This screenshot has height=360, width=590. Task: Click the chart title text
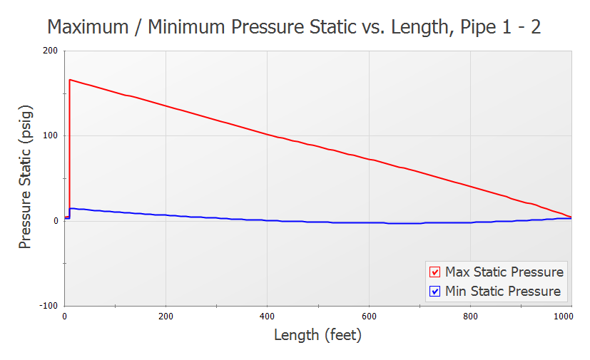(x=295, y=27)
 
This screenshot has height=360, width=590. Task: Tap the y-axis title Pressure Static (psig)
(x=26, y=178)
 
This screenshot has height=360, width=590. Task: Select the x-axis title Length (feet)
(x=317, y=334)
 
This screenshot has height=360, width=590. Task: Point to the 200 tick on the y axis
(x=50, y=51)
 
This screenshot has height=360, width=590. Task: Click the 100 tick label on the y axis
(x=50, y=136)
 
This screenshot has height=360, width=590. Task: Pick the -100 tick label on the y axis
(x=48, y=306)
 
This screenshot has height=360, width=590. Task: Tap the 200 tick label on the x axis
(x=166, y=316)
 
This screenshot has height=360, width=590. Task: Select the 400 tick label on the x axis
(x=267, y=316)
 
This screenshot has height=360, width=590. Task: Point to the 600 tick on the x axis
(x=369, y=316)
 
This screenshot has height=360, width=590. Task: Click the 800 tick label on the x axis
(x=470, y=316)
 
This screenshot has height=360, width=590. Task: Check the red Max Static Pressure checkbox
(x=434, y=272)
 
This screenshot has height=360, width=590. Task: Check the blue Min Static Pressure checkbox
(x=434, y=291)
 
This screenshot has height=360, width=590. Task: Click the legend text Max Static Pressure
(x=504, y=272)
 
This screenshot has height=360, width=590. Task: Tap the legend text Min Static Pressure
(x=502, y=291)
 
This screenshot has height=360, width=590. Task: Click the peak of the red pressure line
(x=70, y=80)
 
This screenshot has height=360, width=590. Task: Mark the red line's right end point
(x=571, y=217)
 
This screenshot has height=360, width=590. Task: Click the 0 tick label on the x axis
(x=65, y=316)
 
